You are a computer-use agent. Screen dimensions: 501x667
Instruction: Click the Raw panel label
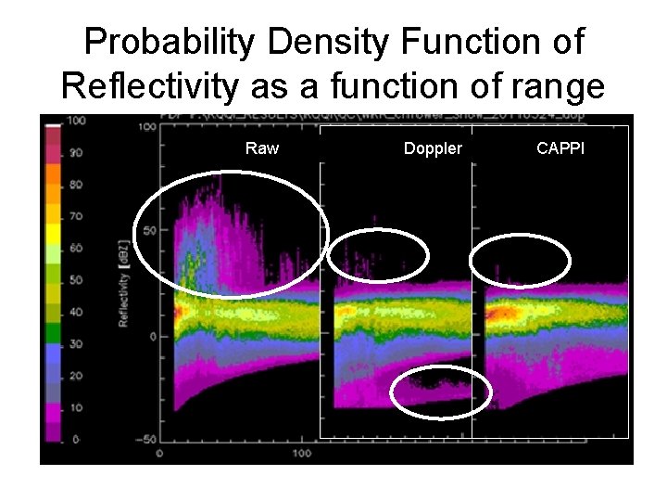click(262, 148)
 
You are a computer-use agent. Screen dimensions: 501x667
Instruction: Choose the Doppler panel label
click(433, 148)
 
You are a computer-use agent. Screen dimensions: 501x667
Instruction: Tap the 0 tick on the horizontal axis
click(161, 453)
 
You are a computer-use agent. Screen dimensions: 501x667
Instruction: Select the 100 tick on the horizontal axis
click(302, 453)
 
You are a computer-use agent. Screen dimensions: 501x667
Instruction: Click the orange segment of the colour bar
click(53, 177)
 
